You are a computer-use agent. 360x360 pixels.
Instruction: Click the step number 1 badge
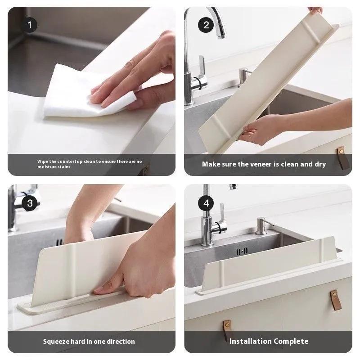[30, 25]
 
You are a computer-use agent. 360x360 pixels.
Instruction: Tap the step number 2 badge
[206, 25]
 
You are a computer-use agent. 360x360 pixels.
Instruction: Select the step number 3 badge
[30, 203]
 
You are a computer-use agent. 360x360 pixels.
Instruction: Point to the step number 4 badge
[206, 203]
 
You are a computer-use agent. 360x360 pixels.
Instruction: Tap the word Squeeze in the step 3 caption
[56, 342]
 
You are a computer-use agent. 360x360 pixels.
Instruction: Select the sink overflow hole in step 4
[243, 251]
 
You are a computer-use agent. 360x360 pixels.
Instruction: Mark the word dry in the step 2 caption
[320, 164]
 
